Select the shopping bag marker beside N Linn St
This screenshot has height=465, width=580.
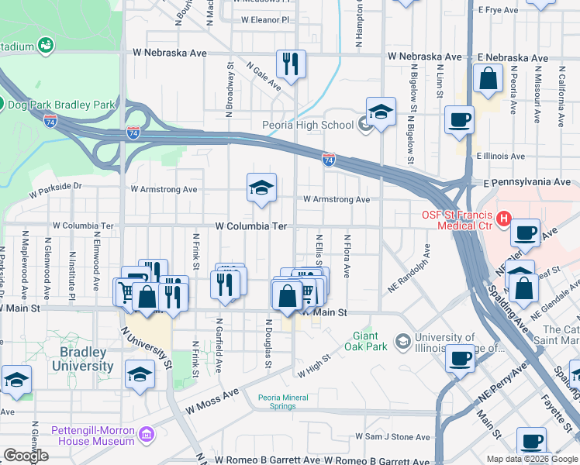[487, 79]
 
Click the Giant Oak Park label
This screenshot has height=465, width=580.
[365, 341]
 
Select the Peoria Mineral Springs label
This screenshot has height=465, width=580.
[283, 402]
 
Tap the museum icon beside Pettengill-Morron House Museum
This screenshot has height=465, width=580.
[146, 436]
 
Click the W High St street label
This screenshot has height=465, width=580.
[315, 364]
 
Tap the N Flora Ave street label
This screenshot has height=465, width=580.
[347, 256]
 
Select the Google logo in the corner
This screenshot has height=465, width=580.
[26, 456]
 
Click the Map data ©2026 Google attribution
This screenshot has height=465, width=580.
[531, 459]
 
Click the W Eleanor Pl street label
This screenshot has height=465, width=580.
[264, 19]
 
